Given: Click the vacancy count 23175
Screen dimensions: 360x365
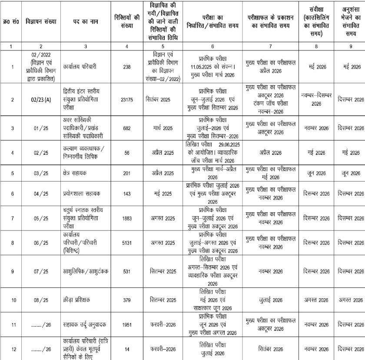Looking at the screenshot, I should tap(130, 99).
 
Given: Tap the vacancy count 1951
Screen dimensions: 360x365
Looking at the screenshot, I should tap(130, 324).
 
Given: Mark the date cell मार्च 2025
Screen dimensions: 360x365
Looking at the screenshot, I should tap(163, 128).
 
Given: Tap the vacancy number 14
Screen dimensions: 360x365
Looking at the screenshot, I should tap(130, 348).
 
